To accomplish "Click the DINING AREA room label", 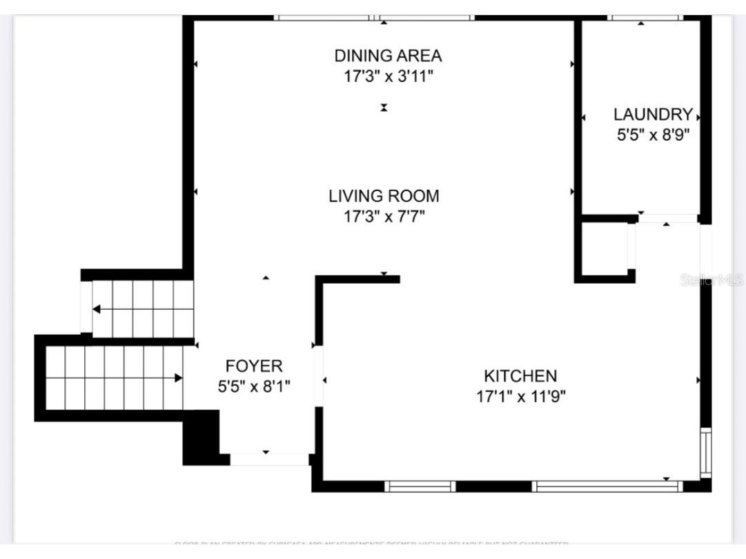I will (x=388, y=55).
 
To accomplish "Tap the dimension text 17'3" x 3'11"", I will (x=388, y=76).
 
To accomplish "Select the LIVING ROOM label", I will (x=384, y=196).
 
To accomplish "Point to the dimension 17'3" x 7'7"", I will (x=384, y=217).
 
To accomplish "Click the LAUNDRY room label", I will (x=653, y=115).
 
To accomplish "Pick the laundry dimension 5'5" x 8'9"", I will (x=653, y=135).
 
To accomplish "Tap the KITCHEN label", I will (x=520, y=376).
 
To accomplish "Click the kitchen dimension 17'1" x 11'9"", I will (x=520, y=397).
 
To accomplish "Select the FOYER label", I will (x=254, y=366).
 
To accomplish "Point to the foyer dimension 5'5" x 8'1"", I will (x=254, y=386).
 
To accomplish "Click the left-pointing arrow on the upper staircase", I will (x=97, y=308).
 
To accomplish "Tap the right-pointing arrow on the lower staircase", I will (x=178, y=377).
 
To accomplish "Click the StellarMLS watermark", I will (x=711, y=279).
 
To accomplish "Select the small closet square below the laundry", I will (x=604, y=248).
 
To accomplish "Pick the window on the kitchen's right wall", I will (x=705, y=452).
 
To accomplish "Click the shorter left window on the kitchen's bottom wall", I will (x=420, y=487).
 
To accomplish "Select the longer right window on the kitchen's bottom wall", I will (x=607, y=487).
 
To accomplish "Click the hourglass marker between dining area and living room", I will (x=384, y=107).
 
